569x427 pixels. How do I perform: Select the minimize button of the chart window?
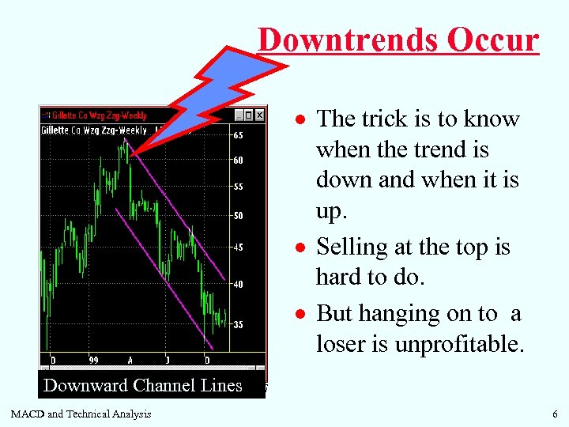coord(238,115)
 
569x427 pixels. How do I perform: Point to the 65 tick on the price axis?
coord(238,135)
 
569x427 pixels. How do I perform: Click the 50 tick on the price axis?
coord(238,216)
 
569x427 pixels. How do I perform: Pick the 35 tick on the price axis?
coord(238,324)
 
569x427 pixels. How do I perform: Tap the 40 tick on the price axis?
coord(238,284)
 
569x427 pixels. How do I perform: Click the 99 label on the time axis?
coord(93,360)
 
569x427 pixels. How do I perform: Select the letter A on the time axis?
coord(130,360)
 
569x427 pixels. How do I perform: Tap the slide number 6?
coord(556,414)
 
